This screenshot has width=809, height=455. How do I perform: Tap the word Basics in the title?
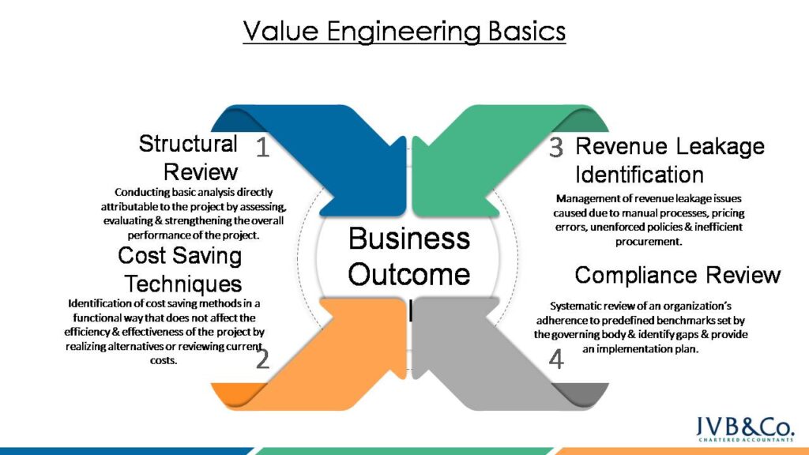[x=527, y=32]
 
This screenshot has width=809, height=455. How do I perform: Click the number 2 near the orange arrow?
[x=263, y=359]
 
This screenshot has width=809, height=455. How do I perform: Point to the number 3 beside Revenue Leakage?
[x=556, y=147]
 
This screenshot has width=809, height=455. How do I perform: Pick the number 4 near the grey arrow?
[x=556, y=359]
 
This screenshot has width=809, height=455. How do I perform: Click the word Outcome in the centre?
[x=409, y=275]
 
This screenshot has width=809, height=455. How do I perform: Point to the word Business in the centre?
[x=409, y=239]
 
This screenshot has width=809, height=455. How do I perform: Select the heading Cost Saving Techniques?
[x=180, y=269]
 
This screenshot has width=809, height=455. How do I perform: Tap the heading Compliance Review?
[x=677, y=275]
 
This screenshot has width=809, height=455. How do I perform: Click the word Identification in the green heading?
[x=639, y=174]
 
